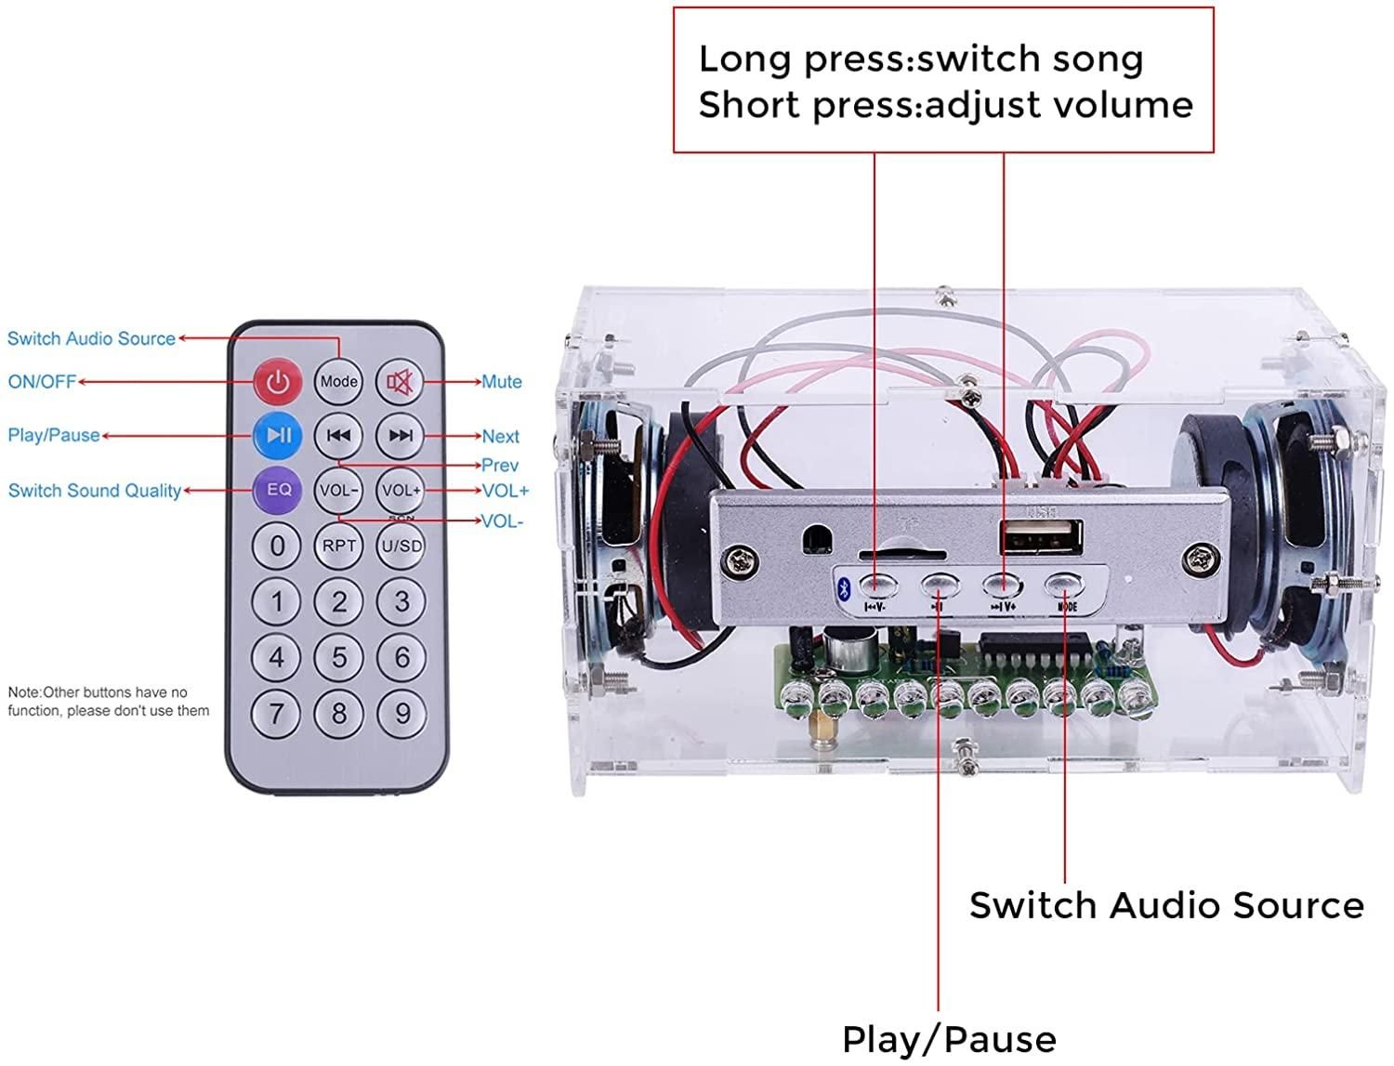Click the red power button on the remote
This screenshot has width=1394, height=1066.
[x=278, y=381]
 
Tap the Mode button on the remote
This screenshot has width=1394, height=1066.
[x=338, y=381]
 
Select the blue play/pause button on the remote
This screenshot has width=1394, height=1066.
[x=278, y=435]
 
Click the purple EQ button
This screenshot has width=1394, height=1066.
[x=278, y=490]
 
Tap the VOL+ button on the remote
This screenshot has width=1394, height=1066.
[x=401, y=490]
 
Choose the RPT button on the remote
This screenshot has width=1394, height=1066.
[x=338, y=546]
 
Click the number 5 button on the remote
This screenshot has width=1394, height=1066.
[x=338, y=658]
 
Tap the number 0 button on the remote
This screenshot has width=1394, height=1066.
[x=277, y=546]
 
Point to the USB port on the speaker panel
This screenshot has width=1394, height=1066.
[x=1041, y=539]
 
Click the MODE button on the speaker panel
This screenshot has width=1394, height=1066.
[x=1065, y=586]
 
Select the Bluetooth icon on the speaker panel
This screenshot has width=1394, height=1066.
[x=844, y=587]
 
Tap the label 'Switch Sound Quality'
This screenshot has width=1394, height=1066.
[x=94, y=491]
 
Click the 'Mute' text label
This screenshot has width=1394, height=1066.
[x=501, y=382]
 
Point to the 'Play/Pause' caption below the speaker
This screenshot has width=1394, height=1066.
[x=949, y=1039]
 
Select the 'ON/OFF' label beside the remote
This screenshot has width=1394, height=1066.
[x=42, y=382]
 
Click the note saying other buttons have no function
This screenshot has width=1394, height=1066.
[x=108, y=702]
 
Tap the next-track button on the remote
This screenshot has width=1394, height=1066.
[x=401, y=435]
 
